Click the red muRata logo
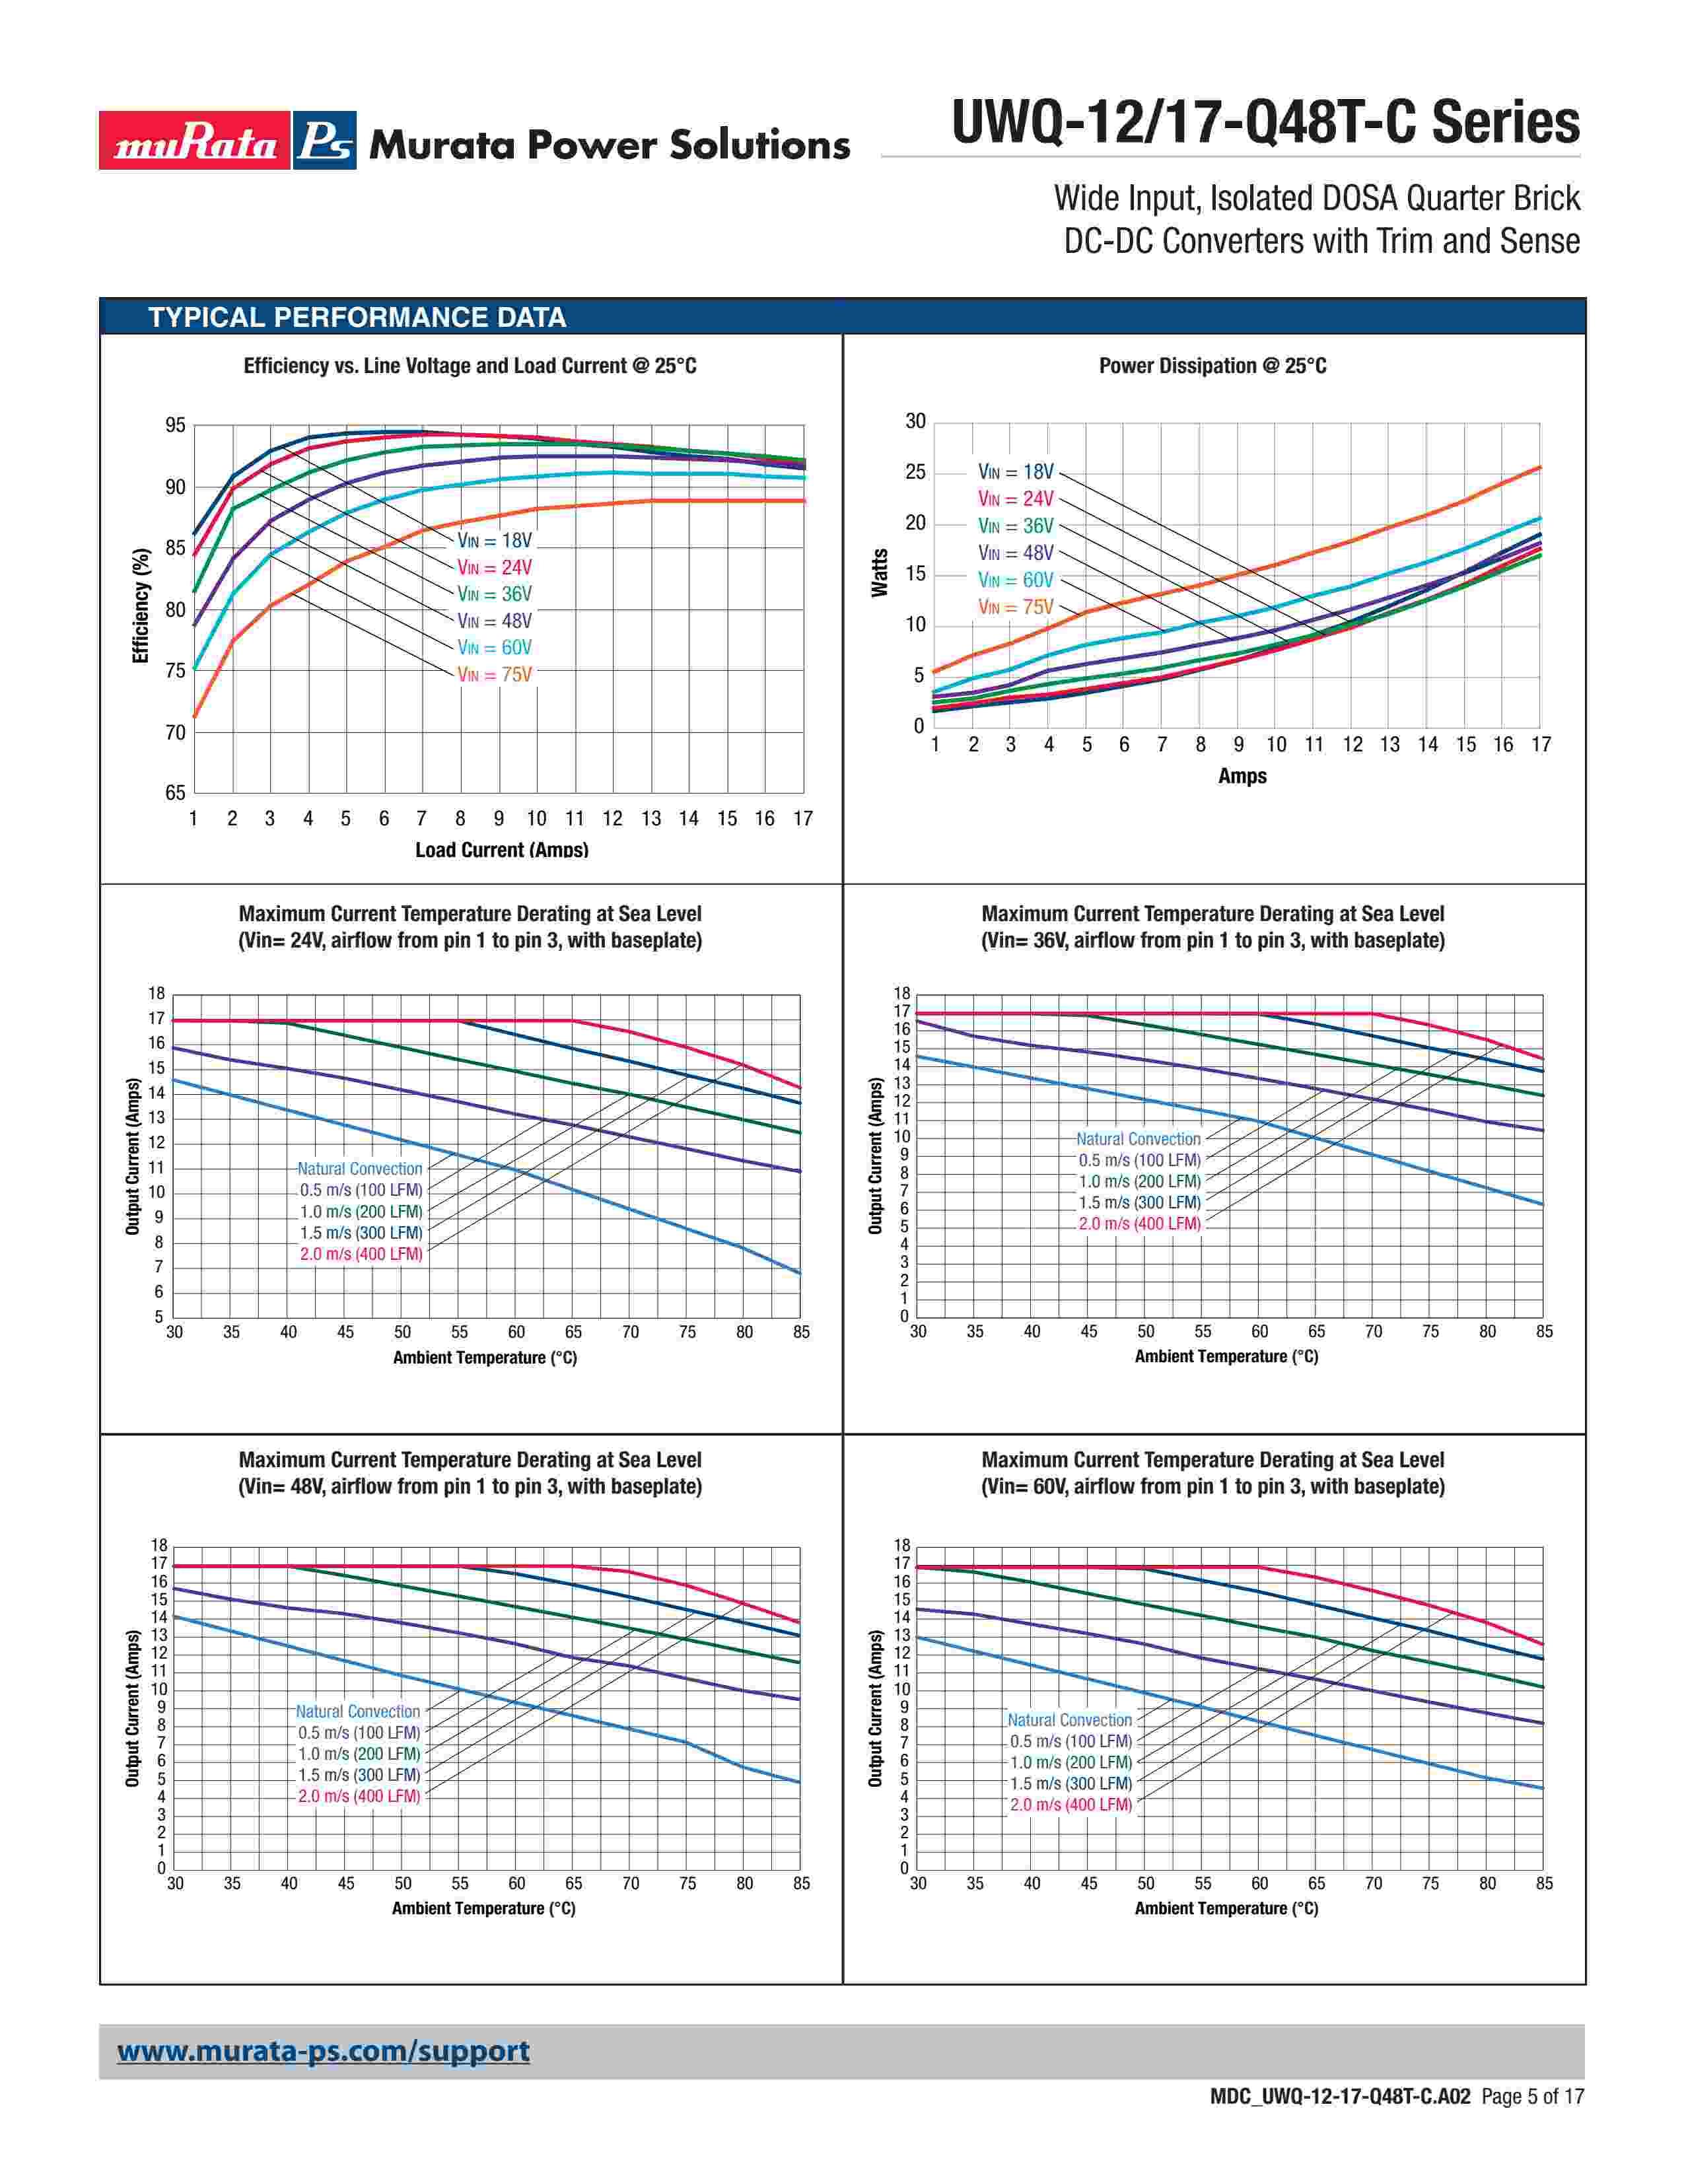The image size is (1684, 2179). (x=195, y=141)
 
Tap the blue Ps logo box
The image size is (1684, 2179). (x=325, y=141)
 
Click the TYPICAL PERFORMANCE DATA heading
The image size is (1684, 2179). (x=357, y=317)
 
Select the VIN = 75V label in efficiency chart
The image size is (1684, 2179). (x=495, y=674)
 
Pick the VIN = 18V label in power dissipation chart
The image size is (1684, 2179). (x=1016, y=472)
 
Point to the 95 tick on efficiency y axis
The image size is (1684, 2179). (x=176, y=426)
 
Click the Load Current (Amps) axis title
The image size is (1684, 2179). (x=502, y=850)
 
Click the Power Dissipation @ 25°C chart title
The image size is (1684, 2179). (x=1212, y=366)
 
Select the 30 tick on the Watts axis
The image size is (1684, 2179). (x=915, y=421)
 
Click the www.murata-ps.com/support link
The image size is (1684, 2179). (x=323, y=2052)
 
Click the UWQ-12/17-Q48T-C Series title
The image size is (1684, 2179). (x=1265, y=123)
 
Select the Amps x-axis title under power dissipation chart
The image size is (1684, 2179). (x=1242, y=777)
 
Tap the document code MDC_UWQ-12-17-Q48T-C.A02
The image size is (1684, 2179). (x=1340, y=2124)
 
